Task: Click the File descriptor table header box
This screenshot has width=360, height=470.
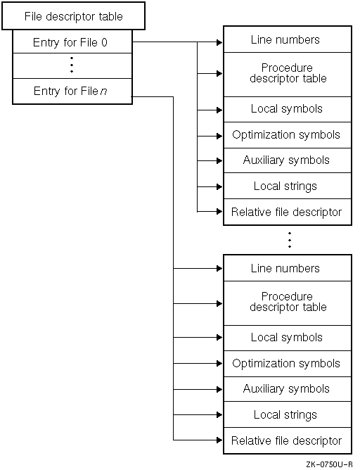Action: click(x=74, y=15)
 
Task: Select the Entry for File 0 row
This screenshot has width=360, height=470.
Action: click(x=72, y=42)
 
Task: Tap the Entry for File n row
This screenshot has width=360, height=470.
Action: click(x=72, y=91)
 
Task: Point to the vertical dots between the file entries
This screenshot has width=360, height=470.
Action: click(x=72, y=66)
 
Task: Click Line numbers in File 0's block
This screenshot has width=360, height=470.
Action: click(x=286, y=39)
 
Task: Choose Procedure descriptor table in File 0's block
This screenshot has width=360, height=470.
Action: click(x=287, y=74)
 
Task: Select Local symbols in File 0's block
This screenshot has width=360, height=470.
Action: click(x=286, y=109)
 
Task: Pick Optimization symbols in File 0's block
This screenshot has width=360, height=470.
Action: click(x=286, y=135)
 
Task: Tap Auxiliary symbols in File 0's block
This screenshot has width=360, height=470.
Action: click(x=286, y=160)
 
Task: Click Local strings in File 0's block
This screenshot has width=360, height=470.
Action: click(x=286, y=186)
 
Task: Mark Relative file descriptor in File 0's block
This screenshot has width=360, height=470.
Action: click(x=286, y=212)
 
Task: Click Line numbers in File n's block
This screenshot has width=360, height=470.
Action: click(x=286, y=268)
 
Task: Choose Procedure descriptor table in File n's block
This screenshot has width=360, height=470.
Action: click(x=287, y=303)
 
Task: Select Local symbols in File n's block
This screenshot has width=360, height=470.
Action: click(x=286, y=338)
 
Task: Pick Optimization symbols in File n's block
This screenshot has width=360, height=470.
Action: click(x=286, y=364)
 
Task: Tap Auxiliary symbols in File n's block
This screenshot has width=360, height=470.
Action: click(x=286, y=389)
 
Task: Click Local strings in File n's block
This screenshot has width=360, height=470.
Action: click(x=286, y=415)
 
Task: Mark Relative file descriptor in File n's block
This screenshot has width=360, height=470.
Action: click(x=286, y=441)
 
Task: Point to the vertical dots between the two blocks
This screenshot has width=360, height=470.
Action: click(x=289, y=240)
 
